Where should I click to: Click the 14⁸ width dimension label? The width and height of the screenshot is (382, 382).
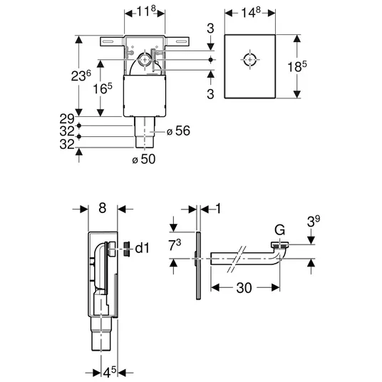251,12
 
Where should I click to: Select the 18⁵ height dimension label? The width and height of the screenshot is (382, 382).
297,66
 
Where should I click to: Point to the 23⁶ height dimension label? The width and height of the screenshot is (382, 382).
81,76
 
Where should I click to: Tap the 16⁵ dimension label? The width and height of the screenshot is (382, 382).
103,88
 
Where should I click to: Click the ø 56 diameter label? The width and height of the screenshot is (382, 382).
178,131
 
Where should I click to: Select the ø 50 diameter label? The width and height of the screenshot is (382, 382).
144,159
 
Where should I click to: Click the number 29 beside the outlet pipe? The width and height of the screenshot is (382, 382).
67,119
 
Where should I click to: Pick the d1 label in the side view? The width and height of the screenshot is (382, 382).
142,248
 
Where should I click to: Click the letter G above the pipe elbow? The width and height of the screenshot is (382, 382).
279,229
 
